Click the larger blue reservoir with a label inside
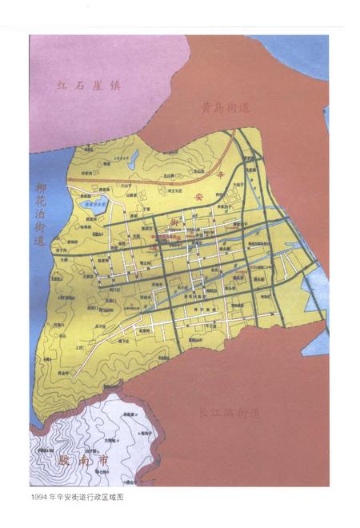click(x=94, y=205)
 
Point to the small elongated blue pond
click(x=134, y=155)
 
